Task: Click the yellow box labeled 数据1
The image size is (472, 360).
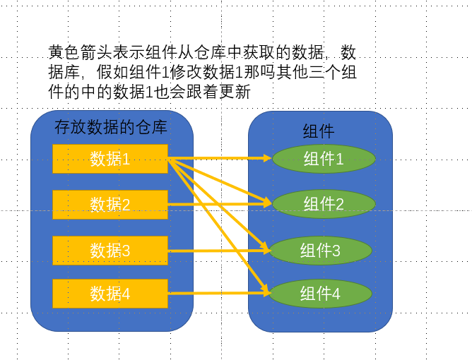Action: click(x=110, y=159)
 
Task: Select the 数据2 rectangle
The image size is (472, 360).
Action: click(x=110, y=204)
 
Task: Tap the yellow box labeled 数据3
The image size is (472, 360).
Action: click(x=110, y=250)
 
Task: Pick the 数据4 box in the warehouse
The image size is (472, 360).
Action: click(x=110, y=294)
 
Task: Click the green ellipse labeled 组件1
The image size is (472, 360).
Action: click(x=323, y=159)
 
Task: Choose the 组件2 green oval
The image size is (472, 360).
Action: click(x=323, y=204)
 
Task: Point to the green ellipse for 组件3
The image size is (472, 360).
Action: click(x=320, y=250)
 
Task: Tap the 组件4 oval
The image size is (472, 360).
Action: click(x=320, y=294)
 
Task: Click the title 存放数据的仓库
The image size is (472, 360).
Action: click(x=111, y=128)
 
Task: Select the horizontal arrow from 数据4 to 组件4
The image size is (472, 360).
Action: click(x=212, y=294)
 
